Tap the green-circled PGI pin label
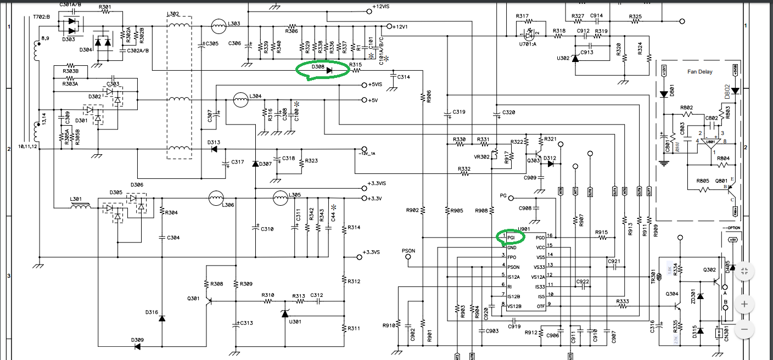coord(511,238)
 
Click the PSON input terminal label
coord(408,251)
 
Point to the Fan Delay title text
coord(699,72)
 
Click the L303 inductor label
coord(234,24)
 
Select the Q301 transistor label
coord(193,299)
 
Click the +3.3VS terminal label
coord(372,252)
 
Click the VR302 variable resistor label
coord(482,156)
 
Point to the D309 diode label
coord(137,340)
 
